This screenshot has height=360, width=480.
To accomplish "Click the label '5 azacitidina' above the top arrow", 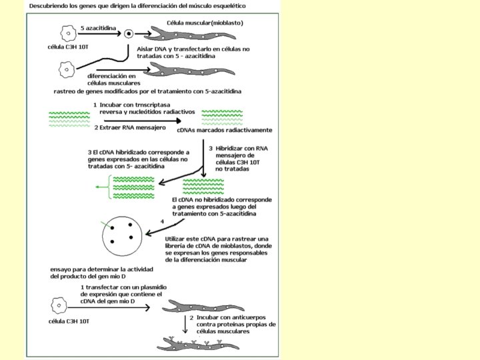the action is coord(98,28).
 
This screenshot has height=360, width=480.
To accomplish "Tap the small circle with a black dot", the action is coord(129,34).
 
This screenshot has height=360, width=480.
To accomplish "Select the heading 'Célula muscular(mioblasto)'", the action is coord(205,23).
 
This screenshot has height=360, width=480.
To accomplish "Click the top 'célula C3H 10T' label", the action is coord(68,47).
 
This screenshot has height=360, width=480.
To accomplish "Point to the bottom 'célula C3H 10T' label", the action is coord(69,321).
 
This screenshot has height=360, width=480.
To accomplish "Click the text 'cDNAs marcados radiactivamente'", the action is coord(225,130).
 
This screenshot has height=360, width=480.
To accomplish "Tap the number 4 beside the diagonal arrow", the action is coord(162,221).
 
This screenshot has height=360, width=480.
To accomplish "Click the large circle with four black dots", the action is coord(122,236).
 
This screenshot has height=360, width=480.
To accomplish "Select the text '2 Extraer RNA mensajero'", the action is coord(130,127).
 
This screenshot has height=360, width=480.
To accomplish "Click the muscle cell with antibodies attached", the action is coord(198,344).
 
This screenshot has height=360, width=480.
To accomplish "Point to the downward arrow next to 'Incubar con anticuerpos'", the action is coord(185,324).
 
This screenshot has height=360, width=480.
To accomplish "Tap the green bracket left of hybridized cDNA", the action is coord(109,187).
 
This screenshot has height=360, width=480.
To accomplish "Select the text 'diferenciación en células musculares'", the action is coord(114,79).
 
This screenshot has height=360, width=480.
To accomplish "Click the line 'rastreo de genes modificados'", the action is coord(147,91).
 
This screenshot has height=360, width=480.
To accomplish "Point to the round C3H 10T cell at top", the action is coord(68,33).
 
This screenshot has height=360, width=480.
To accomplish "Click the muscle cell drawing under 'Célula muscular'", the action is coord(190,34).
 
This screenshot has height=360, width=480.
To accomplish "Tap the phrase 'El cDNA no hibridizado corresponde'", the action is coord(222,200).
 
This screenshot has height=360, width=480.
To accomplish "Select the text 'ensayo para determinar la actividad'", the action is coord(101,269).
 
